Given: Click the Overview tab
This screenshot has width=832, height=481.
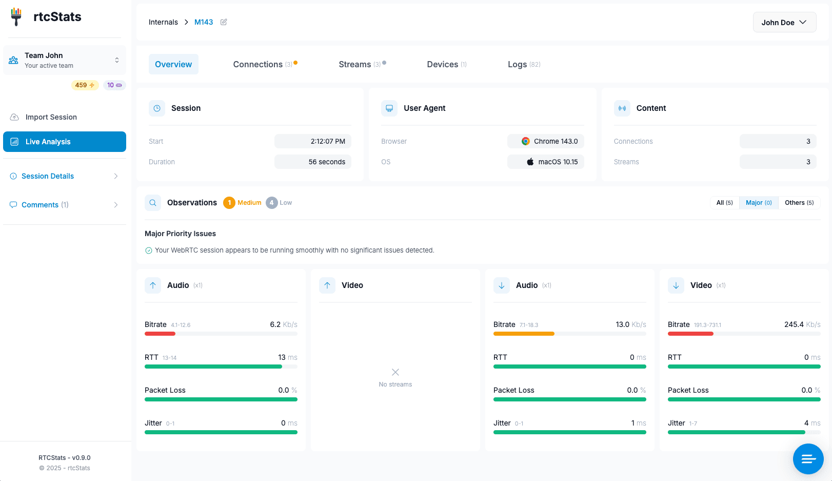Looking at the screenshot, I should tap(173, 64).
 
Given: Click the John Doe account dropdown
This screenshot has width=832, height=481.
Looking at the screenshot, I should tap(784, 23).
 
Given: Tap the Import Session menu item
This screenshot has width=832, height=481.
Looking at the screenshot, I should tap(51, 117).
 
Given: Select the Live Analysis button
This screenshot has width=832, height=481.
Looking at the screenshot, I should tap(65, 142).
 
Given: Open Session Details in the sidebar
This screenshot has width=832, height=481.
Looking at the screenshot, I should tap(48, 176).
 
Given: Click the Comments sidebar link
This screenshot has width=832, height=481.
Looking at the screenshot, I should tap(40, 205).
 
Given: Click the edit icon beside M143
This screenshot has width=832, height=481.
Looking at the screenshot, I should tap(224, 22).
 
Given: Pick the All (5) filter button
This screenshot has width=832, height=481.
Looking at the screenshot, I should tap(724, 203).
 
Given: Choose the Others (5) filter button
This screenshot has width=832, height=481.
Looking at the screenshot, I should tap(799, 203).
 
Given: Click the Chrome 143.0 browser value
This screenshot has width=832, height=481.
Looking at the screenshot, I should tap(550, 141).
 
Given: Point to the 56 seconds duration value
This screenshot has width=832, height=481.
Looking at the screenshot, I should tap(327, 162).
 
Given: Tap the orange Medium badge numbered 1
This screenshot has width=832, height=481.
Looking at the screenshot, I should tap(229, 203).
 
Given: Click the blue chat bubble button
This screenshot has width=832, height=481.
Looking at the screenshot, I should tap(808, 458).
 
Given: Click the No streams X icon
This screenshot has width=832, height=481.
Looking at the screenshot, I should tap(395, 372).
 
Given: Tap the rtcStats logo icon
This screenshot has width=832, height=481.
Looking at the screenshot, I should tap(16, 16).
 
